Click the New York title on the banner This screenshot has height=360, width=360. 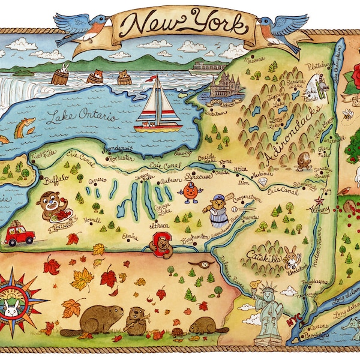coord(186,25)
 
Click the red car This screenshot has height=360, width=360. coord(20,234)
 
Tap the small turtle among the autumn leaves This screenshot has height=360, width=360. coord(177,332)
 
